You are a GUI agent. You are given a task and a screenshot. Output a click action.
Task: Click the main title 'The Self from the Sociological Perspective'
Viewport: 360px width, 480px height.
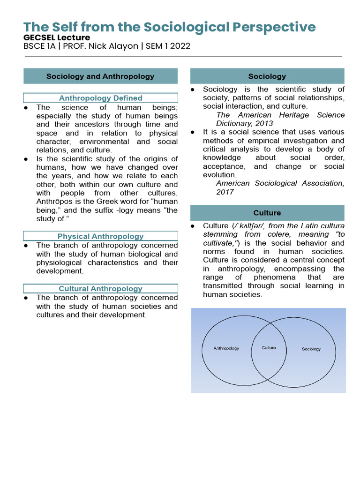point(169,27)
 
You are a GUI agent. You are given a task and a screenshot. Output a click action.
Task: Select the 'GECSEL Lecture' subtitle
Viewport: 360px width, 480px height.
point(57,37)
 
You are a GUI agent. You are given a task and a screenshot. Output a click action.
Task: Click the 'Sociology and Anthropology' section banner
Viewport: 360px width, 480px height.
point(100,76)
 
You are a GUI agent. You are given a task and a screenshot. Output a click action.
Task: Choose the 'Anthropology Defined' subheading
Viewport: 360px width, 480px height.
point(100,98)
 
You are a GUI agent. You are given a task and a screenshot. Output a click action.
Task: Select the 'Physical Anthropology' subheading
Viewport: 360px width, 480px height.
point(100,236)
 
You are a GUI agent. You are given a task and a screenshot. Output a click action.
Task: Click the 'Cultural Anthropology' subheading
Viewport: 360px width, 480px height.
point(100,289)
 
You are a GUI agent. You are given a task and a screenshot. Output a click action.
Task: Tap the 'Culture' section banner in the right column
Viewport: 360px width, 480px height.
point(267,213)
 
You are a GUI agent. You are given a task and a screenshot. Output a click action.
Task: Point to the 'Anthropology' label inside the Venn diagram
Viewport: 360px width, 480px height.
point(226,348)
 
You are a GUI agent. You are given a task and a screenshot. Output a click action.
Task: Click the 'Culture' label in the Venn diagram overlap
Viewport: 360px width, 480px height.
point(269,348)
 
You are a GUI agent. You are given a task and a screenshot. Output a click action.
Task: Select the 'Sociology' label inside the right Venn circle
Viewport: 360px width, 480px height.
point(311,349)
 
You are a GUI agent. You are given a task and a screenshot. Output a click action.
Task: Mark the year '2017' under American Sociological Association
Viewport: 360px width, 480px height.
point(225,192)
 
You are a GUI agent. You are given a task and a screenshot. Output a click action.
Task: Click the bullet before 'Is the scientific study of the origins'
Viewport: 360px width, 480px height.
point(26,159)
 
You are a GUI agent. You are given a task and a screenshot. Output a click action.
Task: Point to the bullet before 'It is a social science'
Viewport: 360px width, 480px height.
point(193,132)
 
